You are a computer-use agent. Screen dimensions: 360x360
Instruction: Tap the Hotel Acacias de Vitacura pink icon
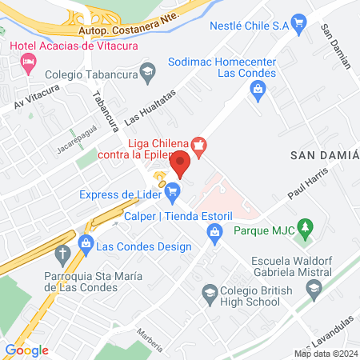(29, 62)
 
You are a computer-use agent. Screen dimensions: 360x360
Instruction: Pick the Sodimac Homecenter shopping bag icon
(258, 89)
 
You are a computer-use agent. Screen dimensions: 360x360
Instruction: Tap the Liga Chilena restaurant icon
(200, 144)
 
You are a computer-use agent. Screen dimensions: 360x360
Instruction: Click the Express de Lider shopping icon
(173, 190)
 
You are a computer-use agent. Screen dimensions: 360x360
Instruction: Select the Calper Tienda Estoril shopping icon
(214, 232)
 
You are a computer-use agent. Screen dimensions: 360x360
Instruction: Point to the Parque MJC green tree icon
(304, 226)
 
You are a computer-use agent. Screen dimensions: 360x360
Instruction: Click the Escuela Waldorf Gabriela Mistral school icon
(314, 288)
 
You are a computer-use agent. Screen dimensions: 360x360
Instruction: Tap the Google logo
(26, 350)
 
